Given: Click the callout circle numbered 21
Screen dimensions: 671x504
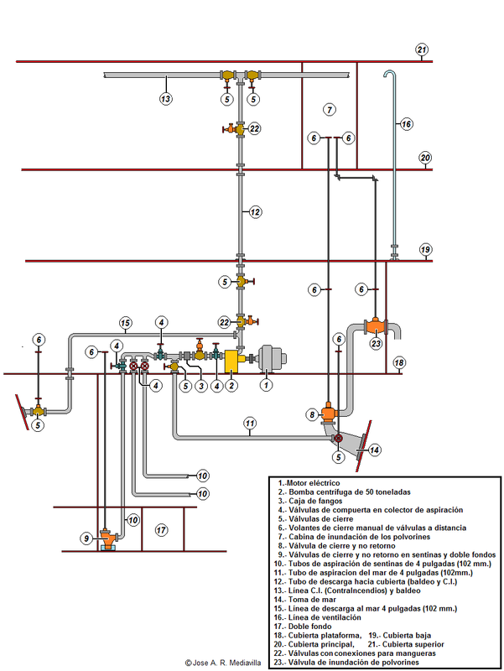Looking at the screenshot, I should point(421,49).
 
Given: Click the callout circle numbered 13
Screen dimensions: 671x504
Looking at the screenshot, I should point(166,99).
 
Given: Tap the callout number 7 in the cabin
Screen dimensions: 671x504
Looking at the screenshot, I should point(330,110).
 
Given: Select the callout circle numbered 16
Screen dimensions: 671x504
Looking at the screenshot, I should point(406,124).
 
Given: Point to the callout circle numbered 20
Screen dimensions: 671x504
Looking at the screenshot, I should point(425,158).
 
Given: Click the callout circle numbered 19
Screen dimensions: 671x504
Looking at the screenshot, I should point(425,250).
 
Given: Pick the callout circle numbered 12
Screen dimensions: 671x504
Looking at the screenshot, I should point(255,213).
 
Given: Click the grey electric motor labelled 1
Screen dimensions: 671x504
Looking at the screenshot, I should point(271,359).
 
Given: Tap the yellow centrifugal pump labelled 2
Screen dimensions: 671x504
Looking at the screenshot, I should point(230,361).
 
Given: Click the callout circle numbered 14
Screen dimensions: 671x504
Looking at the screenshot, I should point(374,450).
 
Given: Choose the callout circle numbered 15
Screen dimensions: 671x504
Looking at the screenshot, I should point(125,322).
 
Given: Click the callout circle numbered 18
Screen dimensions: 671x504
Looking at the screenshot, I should point(399,362).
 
